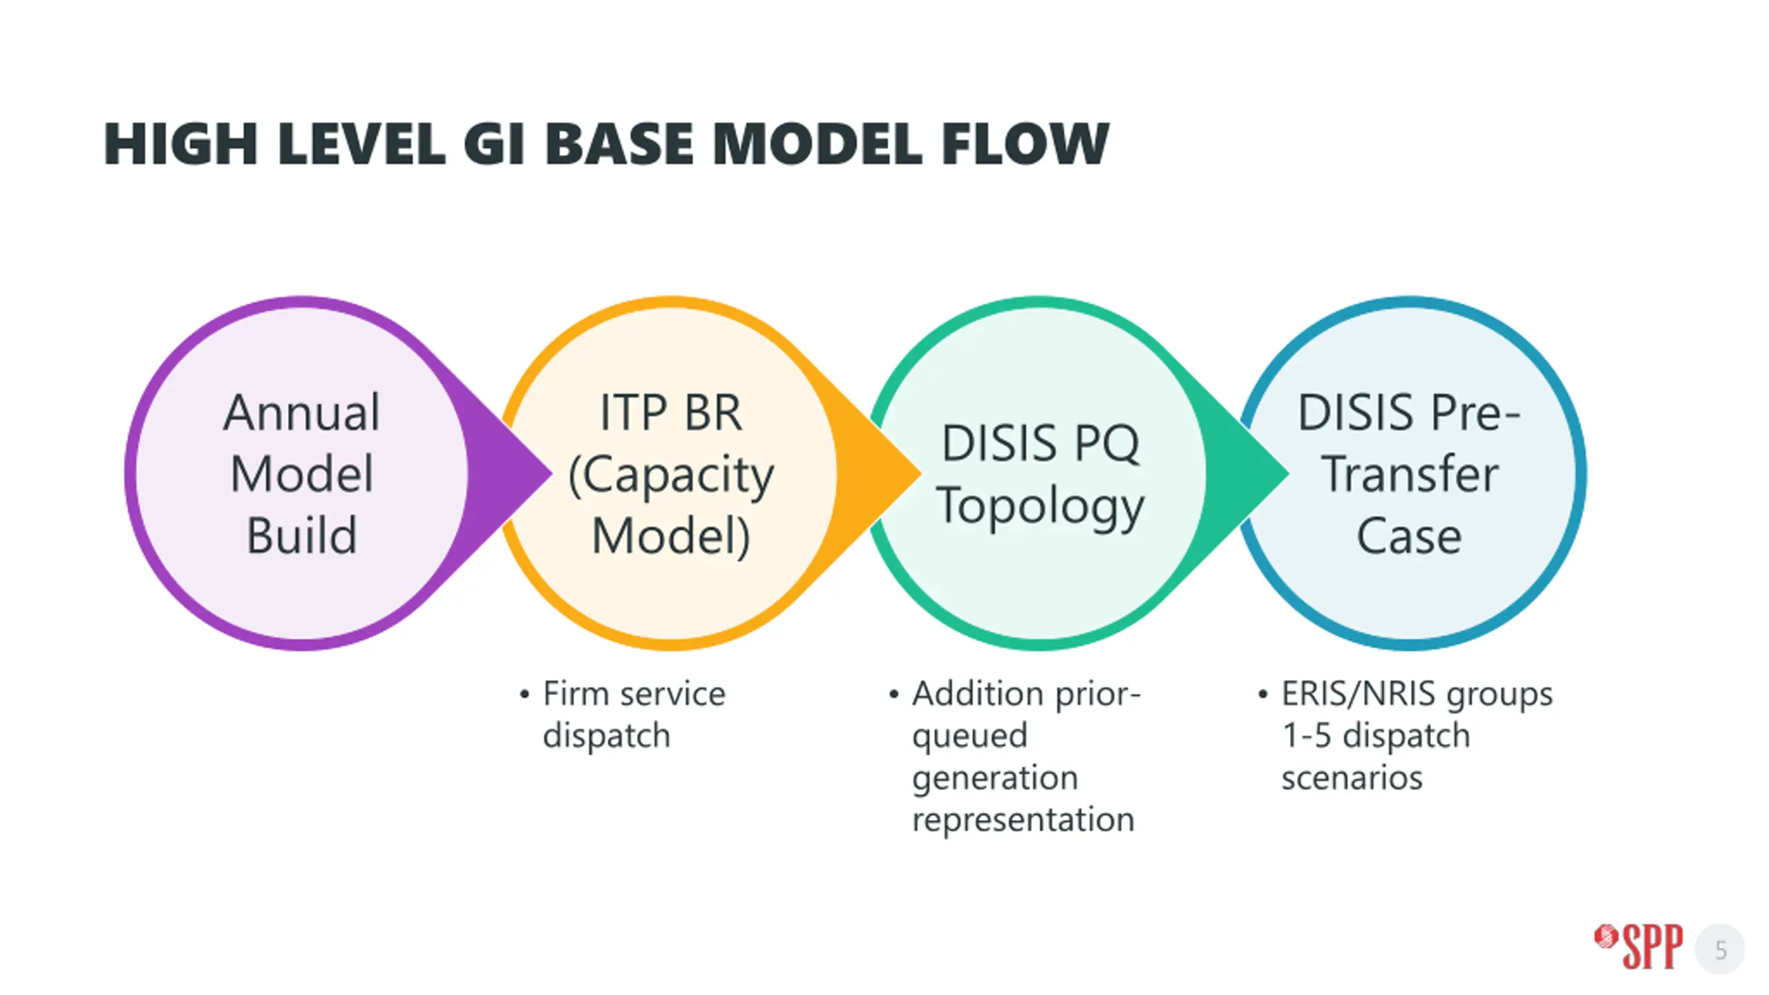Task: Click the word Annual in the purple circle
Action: coord(301,413)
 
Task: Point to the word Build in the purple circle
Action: coord(301,536)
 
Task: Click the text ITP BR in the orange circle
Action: coord(670,413)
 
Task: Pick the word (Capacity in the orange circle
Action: coord(670,475)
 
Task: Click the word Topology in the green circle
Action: coord(1040,506)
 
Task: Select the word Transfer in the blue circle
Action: coord(1410,475)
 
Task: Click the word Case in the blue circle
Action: coord(1409,536)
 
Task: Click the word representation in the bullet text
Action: coord(1023,819)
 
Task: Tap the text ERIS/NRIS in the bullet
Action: coord(1358,694)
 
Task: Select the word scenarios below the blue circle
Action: coord(1352,778)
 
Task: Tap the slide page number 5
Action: coord(1721,950)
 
